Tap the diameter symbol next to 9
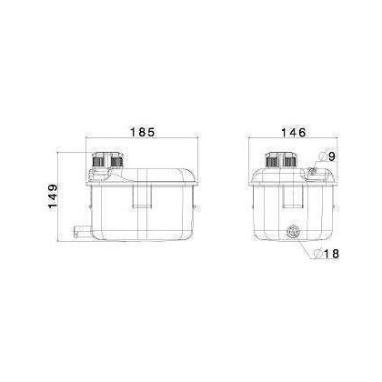tap(323, 157)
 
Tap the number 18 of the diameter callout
tap(333, 254)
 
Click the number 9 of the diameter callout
tap(333, 157)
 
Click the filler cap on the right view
tap(280, 161)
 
